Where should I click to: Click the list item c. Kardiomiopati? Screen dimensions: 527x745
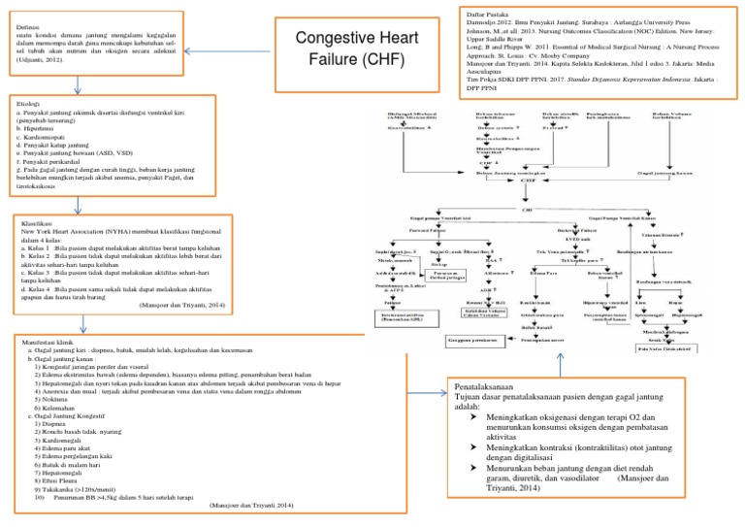45,136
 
